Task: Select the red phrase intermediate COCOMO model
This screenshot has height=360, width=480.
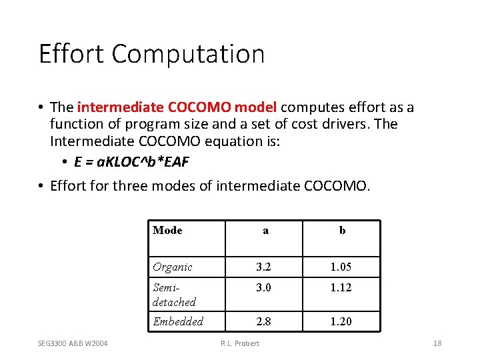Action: [179, 107]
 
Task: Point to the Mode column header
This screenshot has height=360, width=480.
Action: [167, 230]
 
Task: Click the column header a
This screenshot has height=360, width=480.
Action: [265, 231]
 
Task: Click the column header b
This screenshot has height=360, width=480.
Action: [342, 231]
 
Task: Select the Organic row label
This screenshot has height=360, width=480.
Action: [173, 267]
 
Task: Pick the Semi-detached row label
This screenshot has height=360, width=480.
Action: [174, 294]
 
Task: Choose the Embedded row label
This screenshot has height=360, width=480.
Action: [178, 321]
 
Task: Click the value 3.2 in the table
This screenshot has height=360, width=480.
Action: [264, 267]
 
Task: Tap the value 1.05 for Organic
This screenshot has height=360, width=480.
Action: [341, 267]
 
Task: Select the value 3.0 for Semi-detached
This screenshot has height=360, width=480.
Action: [264, 287]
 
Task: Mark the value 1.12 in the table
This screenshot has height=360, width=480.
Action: [341, 287]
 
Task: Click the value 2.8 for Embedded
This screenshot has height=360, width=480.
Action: [264, 321]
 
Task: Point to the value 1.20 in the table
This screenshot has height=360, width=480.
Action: [341, 321]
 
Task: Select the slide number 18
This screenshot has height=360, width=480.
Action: [437, 344]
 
